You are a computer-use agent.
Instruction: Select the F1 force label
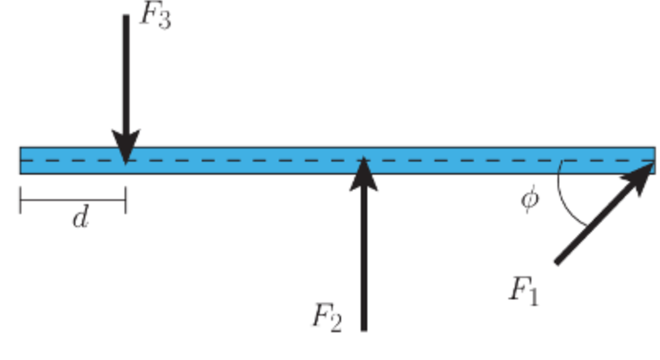522,290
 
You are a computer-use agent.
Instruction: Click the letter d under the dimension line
80,219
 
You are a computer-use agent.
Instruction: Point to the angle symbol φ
530,199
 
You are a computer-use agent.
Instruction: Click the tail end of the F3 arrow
125,16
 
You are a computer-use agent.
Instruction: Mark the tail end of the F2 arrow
364,329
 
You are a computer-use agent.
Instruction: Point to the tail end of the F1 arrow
558,262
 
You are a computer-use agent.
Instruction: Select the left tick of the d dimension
21,200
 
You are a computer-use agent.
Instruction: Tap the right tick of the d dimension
125,200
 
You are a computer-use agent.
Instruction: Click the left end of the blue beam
22,160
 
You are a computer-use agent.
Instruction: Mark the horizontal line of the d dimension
74,200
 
